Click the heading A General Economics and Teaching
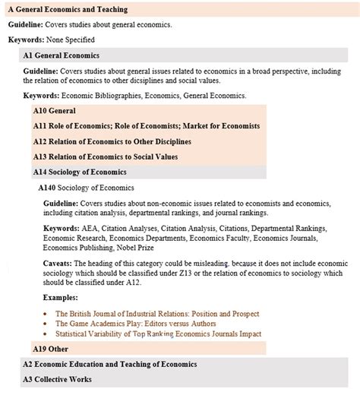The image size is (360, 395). tap(68, 9)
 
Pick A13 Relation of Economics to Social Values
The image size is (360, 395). tap(106, 156)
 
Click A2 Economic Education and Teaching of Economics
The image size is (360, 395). tap(109, 365)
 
